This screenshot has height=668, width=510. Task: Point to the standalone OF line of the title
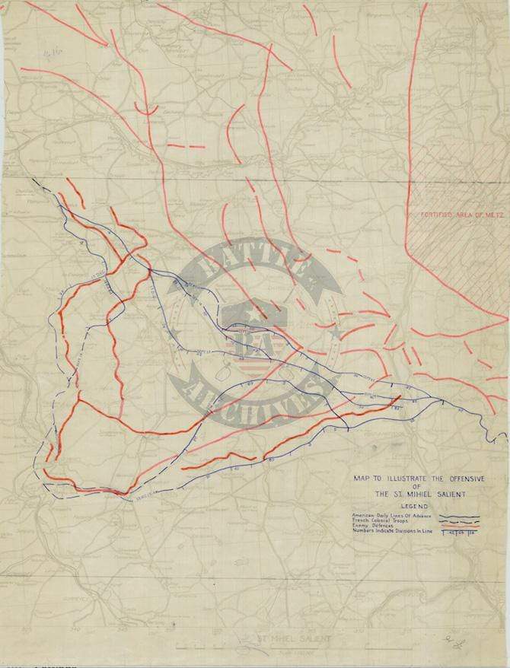(x=416, y=486)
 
